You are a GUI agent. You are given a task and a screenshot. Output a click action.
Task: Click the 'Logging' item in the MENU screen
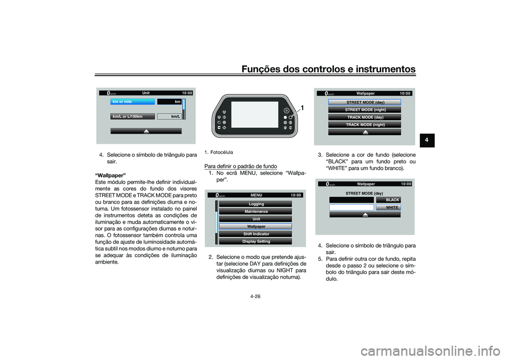[x=256, y=204]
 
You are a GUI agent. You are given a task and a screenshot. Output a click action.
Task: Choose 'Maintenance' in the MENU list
[x=256, y=212]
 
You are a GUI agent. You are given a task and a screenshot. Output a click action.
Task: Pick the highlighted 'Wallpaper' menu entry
[x=256, y=226]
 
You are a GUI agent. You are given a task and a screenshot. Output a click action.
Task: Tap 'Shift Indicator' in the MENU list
[x=256, y=234]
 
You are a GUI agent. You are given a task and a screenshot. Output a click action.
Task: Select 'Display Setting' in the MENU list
[x=256, y=241]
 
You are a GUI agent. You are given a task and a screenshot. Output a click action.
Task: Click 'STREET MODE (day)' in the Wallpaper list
[x=365, y=102]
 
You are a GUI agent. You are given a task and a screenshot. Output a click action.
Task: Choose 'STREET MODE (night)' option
[x=365, y=109]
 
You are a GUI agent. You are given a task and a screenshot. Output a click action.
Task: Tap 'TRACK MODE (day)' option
[x=365, y=117]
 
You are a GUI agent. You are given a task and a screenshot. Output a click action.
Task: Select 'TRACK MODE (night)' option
[x=365, y=125]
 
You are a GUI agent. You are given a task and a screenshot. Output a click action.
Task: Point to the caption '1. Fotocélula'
[x=218, y=152]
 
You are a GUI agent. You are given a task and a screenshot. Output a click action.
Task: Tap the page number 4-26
[x=254, y=296]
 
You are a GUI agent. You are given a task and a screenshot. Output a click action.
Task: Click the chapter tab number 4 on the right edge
[x=427, y=143]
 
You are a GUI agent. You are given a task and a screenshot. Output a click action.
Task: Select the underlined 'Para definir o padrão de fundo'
[x=242, y=166]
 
